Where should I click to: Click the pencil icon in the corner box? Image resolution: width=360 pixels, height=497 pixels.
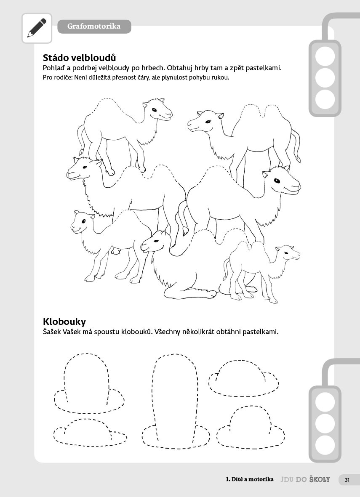point(37,28)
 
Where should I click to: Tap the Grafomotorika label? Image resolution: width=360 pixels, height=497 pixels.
point(94,27)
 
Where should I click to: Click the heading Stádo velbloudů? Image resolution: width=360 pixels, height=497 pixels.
point(79,58)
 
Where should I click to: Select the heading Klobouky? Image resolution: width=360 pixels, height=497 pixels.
point(64,322)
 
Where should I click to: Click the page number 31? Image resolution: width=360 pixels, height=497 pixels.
point(347,480)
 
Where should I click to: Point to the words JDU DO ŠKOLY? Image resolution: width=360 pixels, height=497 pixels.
point(305,480)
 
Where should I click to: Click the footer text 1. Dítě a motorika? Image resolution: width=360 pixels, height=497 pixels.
point(250,479)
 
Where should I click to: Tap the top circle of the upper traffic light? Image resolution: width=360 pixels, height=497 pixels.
point(325,56)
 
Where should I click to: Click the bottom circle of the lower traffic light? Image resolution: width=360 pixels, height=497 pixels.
point(325,445)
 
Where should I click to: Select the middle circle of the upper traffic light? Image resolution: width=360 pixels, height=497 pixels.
point(325,78)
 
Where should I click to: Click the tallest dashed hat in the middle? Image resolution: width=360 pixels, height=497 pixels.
point(176,401)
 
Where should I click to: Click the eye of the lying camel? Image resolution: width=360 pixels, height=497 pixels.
point(156,241)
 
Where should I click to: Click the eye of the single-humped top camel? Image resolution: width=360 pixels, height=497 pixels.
point(154,110)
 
